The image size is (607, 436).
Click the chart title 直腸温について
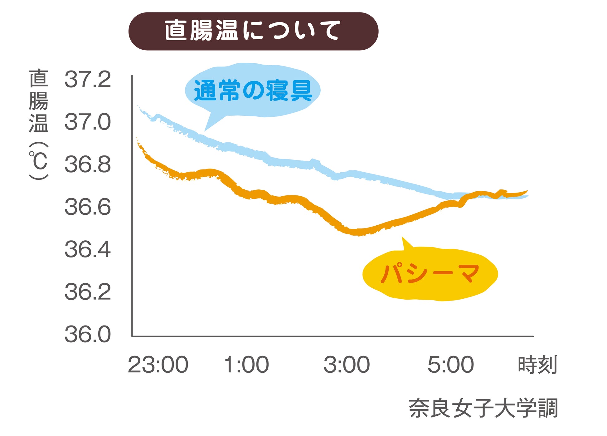click(x=253, y=31)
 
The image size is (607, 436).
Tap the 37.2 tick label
click(x=88, y=79)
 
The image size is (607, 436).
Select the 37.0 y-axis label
click(x=88, y=122)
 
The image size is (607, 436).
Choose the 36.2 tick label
click(x=88, y=292)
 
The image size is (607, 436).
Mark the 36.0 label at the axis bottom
click(x=88, y=334)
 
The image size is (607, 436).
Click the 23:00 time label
click(x=158, y=365)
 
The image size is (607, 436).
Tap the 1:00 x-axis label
click(x=246, y=365)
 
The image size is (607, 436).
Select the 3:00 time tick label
click(x=347, y=365)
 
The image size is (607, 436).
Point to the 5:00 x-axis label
click(x=450, y=365)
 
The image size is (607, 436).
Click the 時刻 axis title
click(x=537, y=365)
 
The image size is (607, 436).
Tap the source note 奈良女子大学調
click(x=483, y=408)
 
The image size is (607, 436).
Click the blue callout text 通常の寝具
click(x=253, y=91)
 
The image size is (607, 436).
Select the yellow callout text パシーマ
click(x=430, y=273)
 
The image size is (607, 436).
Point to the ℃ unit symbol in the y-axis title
click(x=38, y=161)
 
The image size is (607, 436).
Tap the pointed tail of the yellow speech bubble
click(x=403, y=239)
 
